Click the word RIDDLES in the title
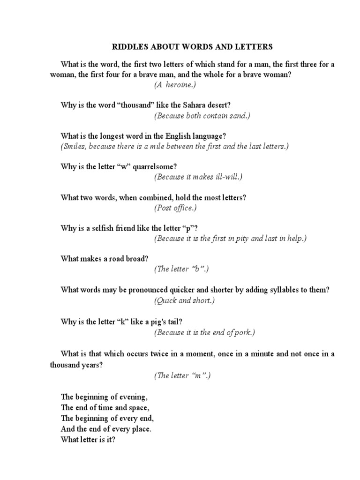pos(127,47)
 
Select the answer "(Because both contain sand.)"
pos(202,115)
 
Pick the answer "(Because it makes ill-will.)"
pos(198,177)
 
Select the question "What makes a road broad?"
pos(101,259)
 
